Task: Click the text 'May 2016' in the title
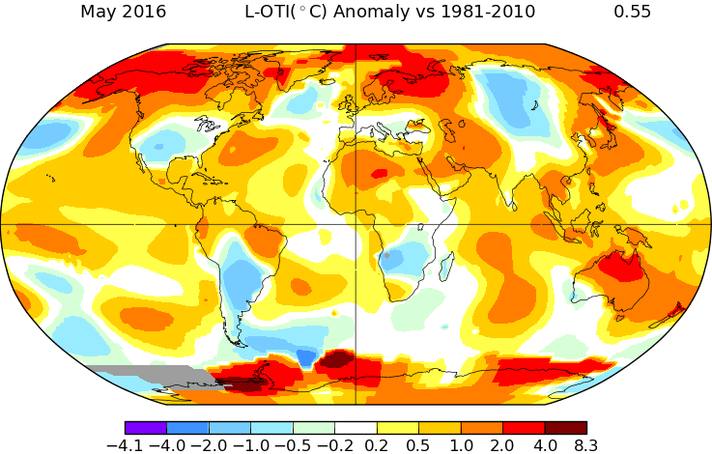pyautogui.click(x=123, y=13)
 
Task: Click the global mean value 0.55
pyautogui.click(x=632, y=13)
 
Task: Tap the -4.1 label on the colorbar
pyautogui.click(x=127, y=444)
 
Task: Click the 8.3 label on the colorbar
pyautogui.click(x=586, y=444)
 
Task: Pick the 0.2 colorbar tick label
pyautogui.click(x=377, y=444)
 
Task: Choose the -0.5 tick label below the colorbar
pyautogui.click(x=293, y=444)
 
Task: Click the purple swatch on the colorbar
pyautogui.click(x=146, y=427)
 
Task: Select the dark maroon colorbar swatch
pyautogui.click(x=565, y=427)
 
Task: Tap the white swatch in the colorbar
pyautogui.click(x=356, y=427)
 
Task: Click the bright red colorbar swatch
pyautogui.click(x=524, y=427)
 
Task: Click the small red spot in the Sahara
pyautogui.click(x=380, y=174)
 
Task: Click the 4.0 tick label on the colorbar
pyautogui.click(x=545, y=444)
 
